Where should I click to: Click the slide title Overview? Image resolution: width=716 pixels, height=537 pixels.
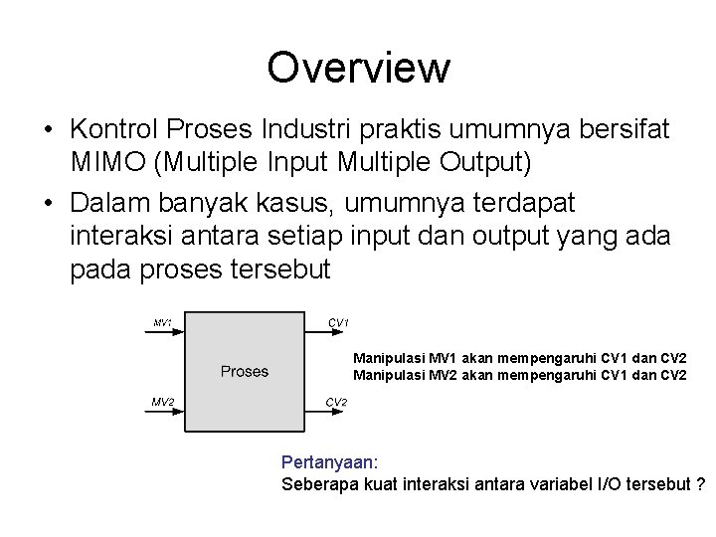click(358, 68)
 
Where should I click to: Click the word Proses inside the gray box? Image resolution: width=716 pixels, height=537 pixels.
click(245, 371)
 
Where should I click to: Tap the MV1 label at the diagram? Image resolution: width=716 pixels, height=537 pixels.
click(163, 322)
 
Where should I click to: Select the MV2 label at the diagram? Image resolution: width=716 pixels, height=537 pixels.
click(163, 402)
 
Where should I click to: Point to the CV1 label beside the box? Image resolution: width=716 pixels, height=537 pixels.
click(338, 322)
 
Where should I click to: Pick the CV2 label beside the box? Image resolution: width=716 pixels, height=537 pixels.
click(338, 402)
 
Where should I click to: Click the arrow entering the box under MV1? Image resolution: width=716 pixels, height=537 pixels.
click(166, 333)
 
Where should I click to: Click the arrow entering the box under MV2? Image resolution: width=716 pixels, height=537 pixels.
click(166, 412)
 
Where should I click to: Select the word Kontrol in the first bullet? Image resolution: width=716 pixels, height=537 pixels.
click(113, 128)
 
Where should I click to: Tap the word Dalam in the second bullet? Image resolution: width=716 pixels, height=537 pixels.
click(106, 203)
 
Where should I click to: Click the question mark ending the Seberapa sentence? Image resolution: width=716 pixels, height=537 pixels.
click(701, 484)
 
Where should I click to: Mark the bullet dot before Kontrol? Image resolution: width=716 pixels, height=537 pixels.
click(48, 129)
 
